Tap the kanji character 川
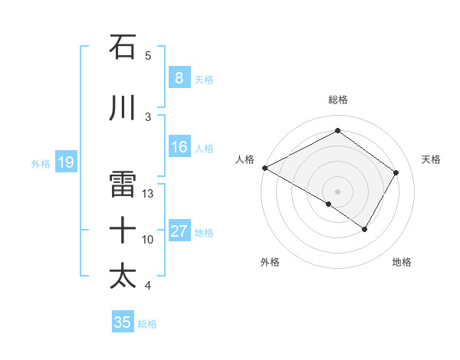pyautogui.click(x=123, y=108)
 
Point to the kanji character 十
pyautogui.click(x=123, y=231)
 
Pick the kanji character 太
pyautogui.click(x=123, y=277)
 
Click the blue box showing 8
pyautogui.click(x=179, y=78)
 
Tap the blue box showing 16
pyautogui.click(x=179, y=147)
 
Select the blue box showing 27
pyautogui.click(x=179, y=231)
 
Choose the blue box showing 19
pyautogui.click(x=65, y=162)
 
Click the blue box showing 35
pyautogui.click(x=123, y=322)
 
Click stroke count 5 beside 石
pyautogui.click(x=148, y=56)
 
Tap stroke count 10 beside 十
pyautogui.click(x=148, y=240)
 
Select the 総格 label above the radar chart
pyautogui.click(x=337, y=100)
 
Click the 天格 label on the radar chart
pyautogui.click(x=432, y=159)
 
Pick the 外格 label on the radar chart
pyautogui.click(x=270, y=262)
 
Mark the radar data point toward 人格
pyautogui.click(x=264, y=168)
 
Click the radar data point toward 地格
pyautogui.click(x=365, y=229)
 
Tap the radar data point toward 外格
pyautogui.click(x=329, y=204)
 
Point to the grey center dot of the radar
pyautogui.click(x=337, y=191)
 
